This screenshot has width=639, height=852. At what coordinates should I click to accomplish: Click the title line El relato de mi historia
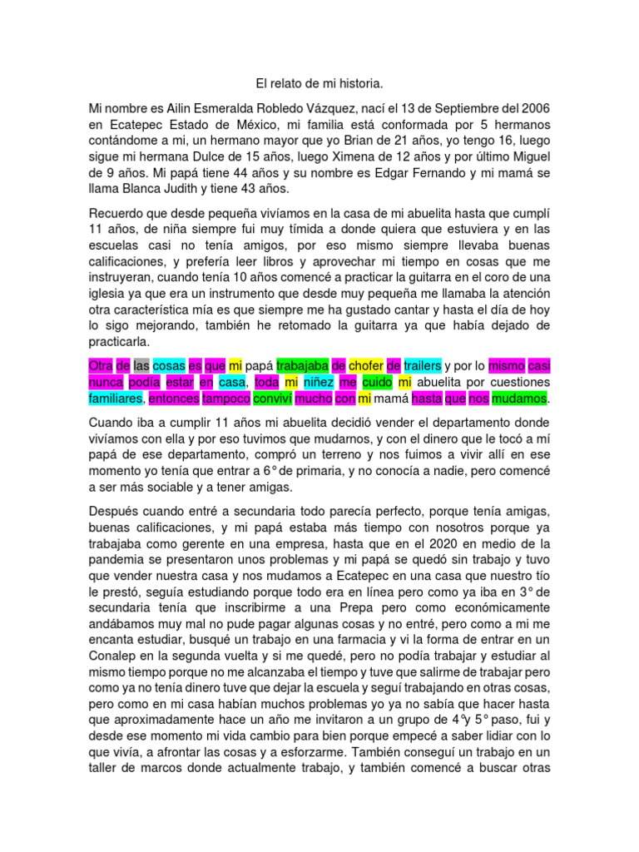point(319,83)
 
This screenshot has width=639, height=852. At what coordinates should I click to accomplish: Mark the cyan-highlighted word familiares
point(116,399)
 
